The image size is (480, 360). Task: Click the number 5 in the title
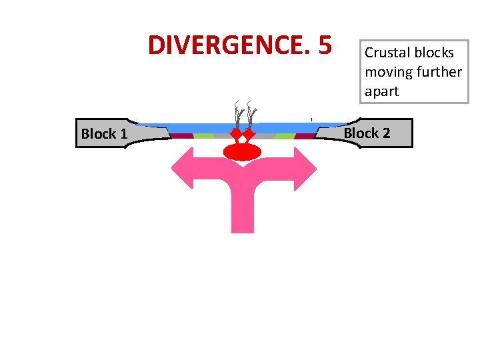click(325, 45)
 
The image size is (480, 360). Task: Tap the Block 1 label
click(104, 134)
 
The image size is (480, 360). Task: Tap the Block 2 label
click(367, 133)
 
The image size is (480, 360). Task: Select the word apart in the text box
click(381, 91)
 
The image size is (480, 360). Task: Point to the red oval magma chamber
click(243, 152)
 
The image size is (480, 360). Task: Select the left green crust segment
click(203, 136)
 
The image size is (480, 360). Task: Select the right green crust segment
click(285, 136)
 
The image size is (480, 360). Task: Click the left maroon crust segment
click(181, 136)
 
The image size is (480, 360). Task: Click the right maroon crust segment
click(305, 136)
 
